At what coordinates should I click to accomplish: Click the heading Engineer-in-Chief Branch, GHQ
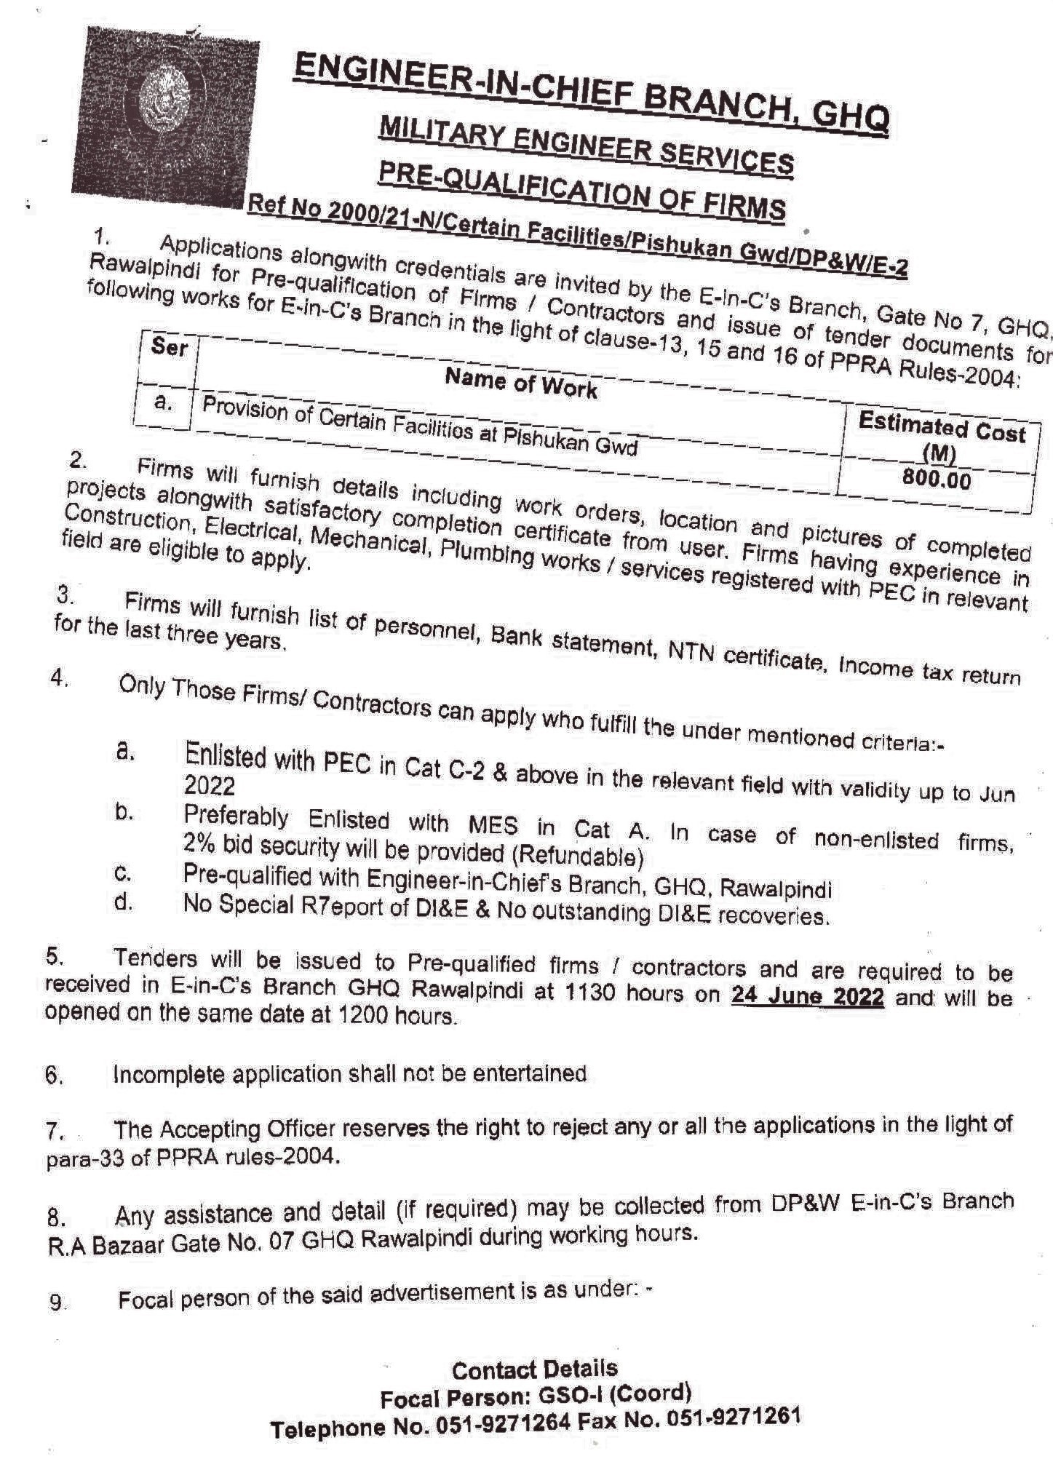coord(591,94)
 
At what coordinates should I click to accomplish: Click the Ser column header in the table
coord(168,348)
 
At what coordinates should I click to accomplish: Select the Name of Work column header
coord(520,383)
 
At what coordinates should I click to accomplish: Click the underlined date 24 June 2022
coord(808,995)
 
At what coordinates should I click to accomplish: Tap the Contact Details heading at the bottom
coord(534,1370)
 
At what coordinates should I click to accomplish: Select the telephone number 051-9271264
coord(502,1425)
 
